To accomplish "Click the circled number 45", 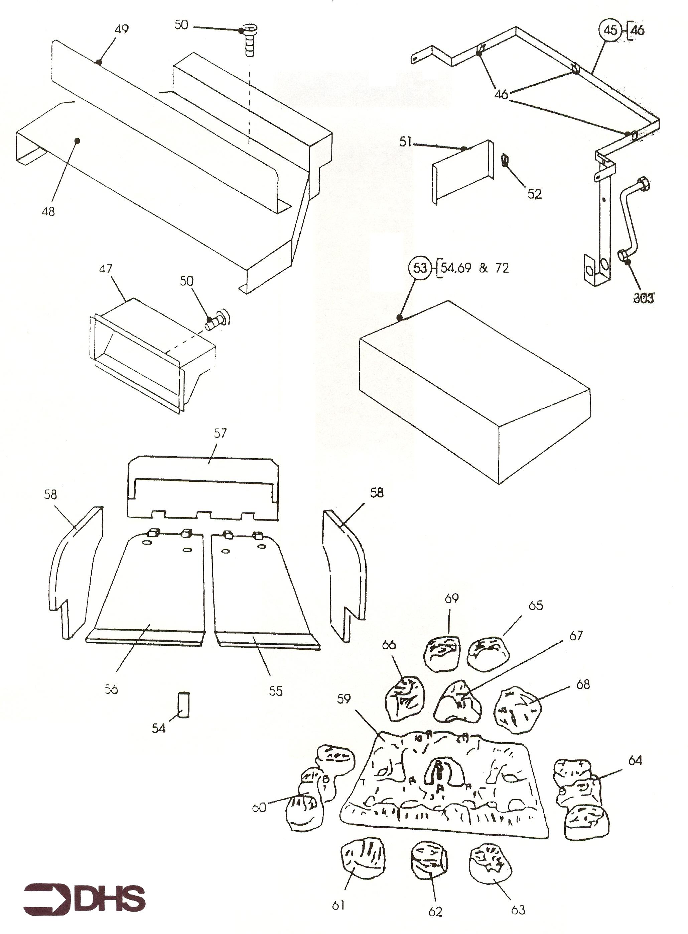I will (610, 30).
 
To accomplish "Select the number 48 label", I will (48, 211).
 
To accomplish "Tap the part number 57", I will (220, 433).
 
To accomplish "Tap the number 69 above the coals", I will (451, 598).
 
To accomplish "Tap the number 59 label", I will (344, 698).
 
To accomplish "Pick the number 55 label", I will (276, 691).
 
